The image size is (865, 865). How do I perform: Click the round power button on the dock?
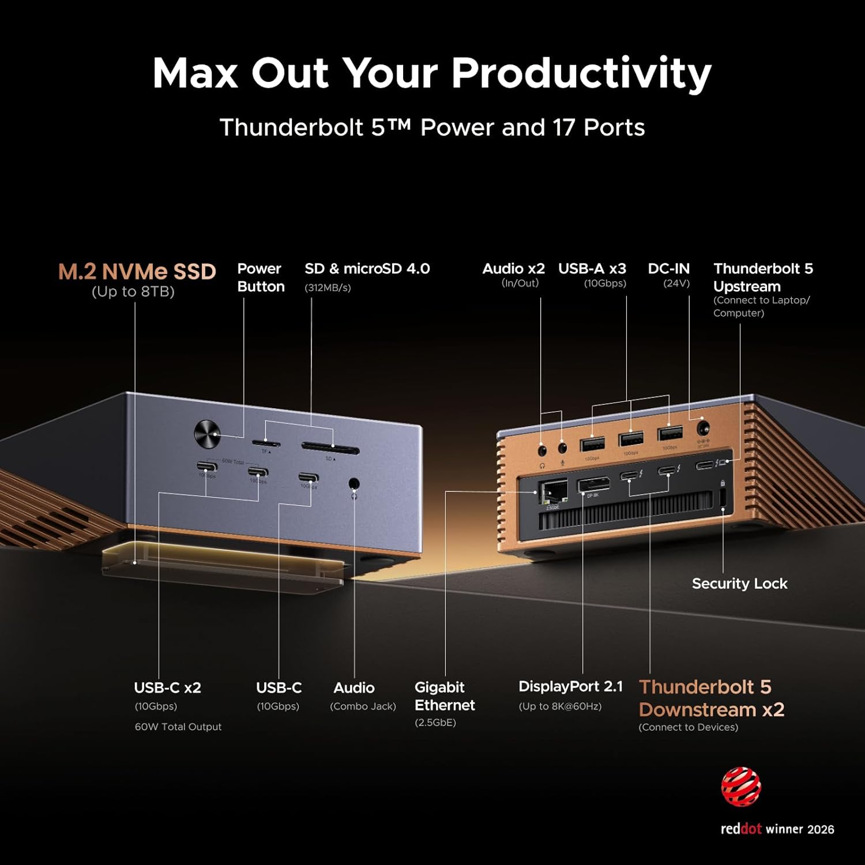tap(208, 434)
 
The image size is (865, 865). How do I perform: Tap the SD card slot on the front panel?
tap(330, 450)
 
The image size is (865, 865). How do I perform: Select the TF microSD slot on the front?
tap(266, 443)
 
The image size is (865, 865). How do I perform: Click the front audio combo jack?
tap(354, 484)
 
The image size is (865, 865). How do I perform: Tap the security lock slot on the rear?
tap(723, 498)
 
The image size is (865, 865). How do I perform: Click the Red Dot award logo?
tap(741, 787)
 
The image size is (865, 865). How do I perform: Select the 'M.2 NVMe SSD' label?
tap(137, 272)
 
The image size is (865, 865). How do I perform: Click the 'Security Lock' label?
tap(739, 584)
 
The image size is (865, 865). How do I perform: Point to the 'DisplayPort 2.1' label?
tap(570, 687)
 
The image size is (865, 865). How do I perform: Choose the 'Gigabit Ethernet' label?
tap(445, 696)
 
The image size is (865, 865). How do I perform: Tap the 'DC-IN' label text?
tap(668, 269)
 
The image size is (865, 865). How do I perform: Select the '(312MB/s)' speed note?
tap(328, 288)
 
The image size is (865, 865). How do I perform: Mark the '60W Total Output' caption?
tap(178, 727)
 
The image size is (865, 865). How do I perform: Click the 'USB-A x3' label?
tap(592, 269)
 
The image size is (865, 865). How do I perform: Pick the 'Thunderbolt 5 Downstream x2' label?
tap(711, 698)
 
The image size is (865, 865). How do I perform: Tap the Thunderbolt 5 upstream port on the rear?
tap(705, 465)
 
